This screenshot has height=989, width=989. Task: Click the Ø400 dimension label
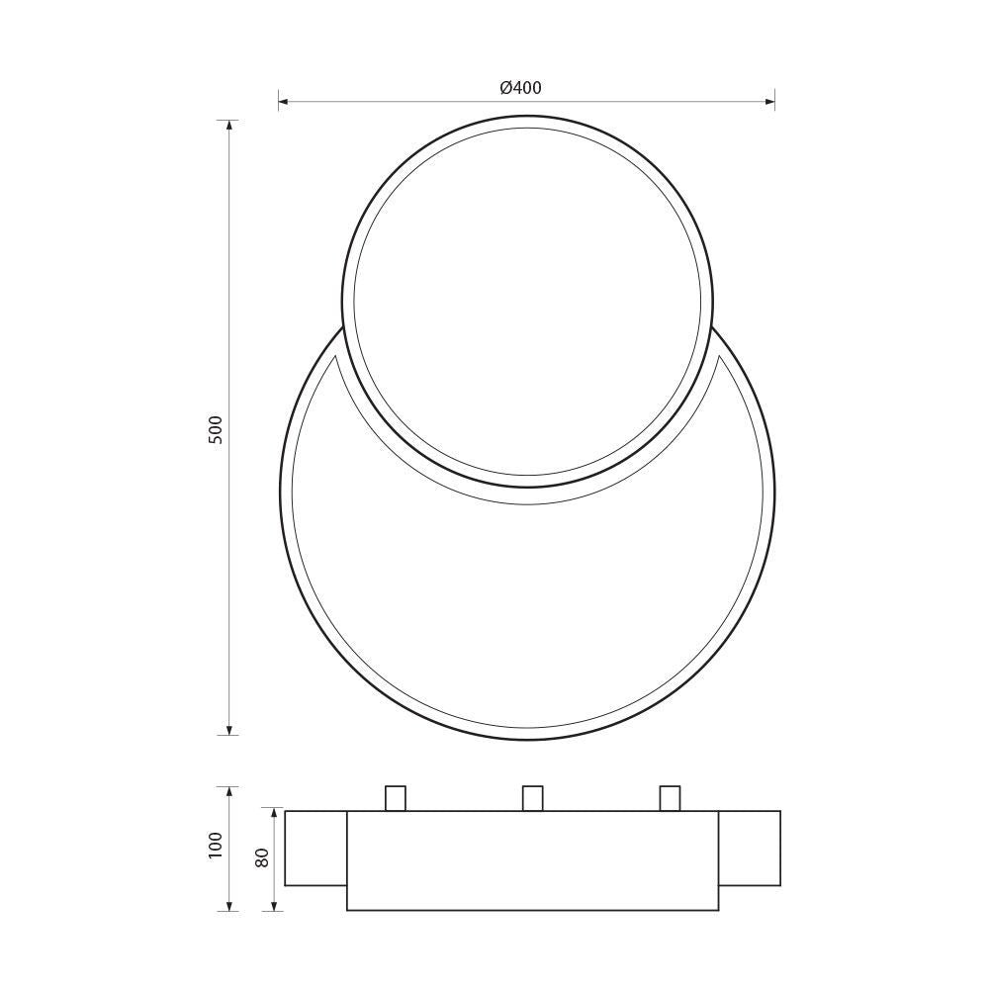point(521,88)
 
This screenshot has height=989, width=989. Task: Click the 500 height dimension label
point(217,428)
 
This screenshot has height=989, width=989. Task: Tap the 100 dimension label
point(217,845)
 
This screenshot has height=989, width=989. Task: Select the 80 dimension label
point(262,856)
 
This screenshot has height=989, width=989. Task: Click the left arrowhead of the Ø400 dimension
point(283,100)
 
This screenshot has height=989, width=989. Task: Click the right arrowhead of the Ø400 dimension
point(769,100)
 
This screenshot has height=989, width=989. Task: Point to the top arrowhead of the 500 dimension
point(230,126)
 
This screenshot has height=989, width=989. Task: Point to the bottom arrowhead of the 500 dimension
point(230,730)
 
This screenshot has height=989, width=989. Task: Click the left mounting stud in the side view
point(396,798)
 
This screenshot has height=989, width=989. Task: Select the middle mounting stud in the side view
point(533,798)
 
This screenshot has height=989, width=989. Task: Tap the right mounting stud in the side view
point(671,798)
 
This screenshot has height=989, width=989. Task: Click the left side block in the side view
point(315,849)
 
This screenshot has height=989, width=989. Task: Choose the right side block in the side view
point(750,849)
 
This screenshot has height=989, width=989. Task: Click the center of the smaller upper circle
point(527,302)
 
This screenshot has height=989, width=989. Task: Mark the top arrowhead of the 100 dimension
point(230,792)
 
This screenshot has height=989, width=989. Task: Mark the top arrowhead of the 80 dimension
point(276,814)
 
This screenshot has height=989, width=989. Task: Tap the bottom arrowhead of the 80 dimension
point(276,905)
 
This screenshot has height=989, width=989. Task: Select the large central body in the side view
point(532,860)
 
